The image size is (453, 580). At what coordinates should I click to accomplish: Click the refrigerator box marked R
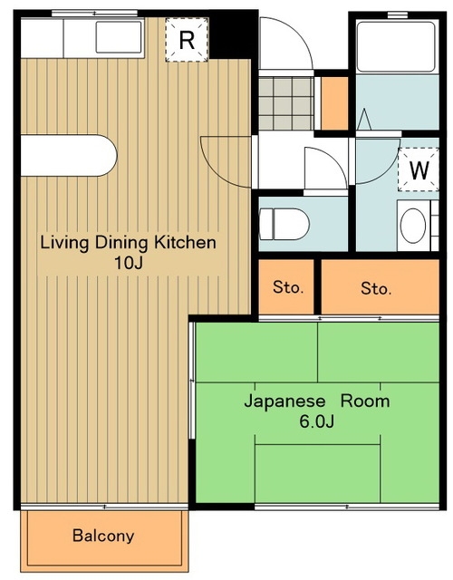(x=187, y=40)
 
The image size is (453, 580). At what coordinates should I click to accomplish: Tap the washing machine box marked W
(x=419, y=169)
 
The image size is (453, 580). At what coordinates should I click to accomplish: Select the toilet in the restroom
(x=284, y=224)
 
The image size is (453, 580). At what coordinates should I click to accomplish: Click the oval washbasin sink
(x=413, y=226)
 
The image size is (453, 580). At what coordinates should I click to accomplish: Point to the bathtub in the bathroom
(x=397, y=47)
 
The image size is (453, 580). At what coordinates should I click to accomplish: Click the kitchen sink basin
(x=119, y=37)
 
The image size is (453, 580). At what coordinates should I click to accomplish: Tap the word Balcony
(x=103, y=536)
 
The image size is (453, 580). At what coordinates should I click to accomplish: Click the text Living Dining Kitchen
(x=128, y=243)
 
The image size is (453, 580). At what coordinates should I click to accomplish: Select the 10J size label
(x=129, y=263)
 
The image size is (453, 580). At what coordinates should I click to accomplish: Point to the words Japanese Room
(x=317, y=401)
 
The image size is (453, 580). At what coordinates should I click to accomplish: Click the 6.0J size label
(x=317, y=421)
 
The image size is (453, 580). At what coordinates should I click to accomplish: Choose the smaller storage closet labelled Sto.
(x=286, y=287)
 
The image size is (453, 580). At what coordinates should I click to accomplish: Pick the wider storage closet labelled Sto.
(x=381, y=287)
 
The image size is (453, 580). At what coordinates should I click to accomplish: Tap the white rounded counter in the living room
(x=69, y=156)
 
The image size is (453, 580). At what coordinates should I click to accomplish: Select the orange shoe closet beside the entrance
(x=334, y=103)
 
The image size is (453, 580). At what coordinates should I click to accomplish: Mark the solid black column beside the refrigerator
(x=234, y=35)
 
